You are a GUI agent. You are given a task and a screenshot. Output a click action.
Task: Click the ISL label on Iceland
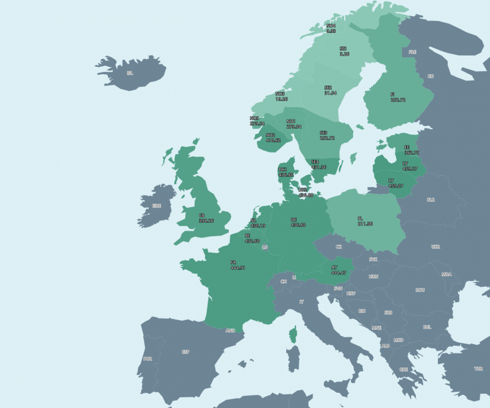point(130,73)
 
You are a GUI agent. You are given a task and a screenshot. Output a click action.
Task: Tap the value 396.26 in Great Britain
point(206,220)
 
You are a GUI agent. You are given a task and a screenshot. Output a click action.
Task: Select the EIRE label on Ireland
point(156,206)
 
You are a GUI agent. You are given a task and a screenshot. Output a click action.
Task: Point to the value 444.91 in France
point(238,267)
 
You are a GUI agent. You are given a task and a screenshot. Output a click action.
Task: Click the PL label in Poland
point(360,218)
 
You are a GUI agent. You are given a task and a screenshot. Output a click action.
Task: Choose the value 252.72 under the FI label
point(398,100)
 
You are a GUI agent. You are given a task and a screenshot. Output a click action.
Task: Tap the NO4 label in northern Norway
point(331,25)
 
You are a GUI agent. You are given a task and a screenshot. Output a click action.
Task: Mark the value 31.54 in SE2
point(330,93)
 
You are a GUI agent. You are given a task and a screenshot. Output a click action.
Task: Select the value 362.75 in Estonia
point(412,152)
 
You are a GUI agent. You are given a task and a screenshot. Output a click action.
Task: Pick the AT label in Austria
point(335,267)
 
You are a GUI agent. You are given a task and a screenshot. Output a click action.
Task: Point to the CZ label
point(339,247)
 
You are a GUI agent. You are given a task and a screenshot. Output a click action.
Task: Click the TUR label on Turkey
point(478,368)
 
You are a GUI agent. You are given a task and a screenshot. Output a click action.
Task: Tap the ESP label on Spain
point(185,352)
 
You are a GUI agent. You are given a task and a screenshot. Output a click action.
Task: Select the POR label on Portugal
point(148,359)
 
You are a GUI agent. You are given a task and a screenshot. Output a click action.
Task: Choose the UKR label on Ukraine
point(435,247)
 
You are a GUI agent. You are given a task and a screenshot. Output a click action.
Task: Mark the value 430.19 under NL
point(258,226)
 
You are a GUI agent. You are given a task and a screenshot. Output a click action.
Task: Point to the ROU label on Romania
point(420,290)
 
